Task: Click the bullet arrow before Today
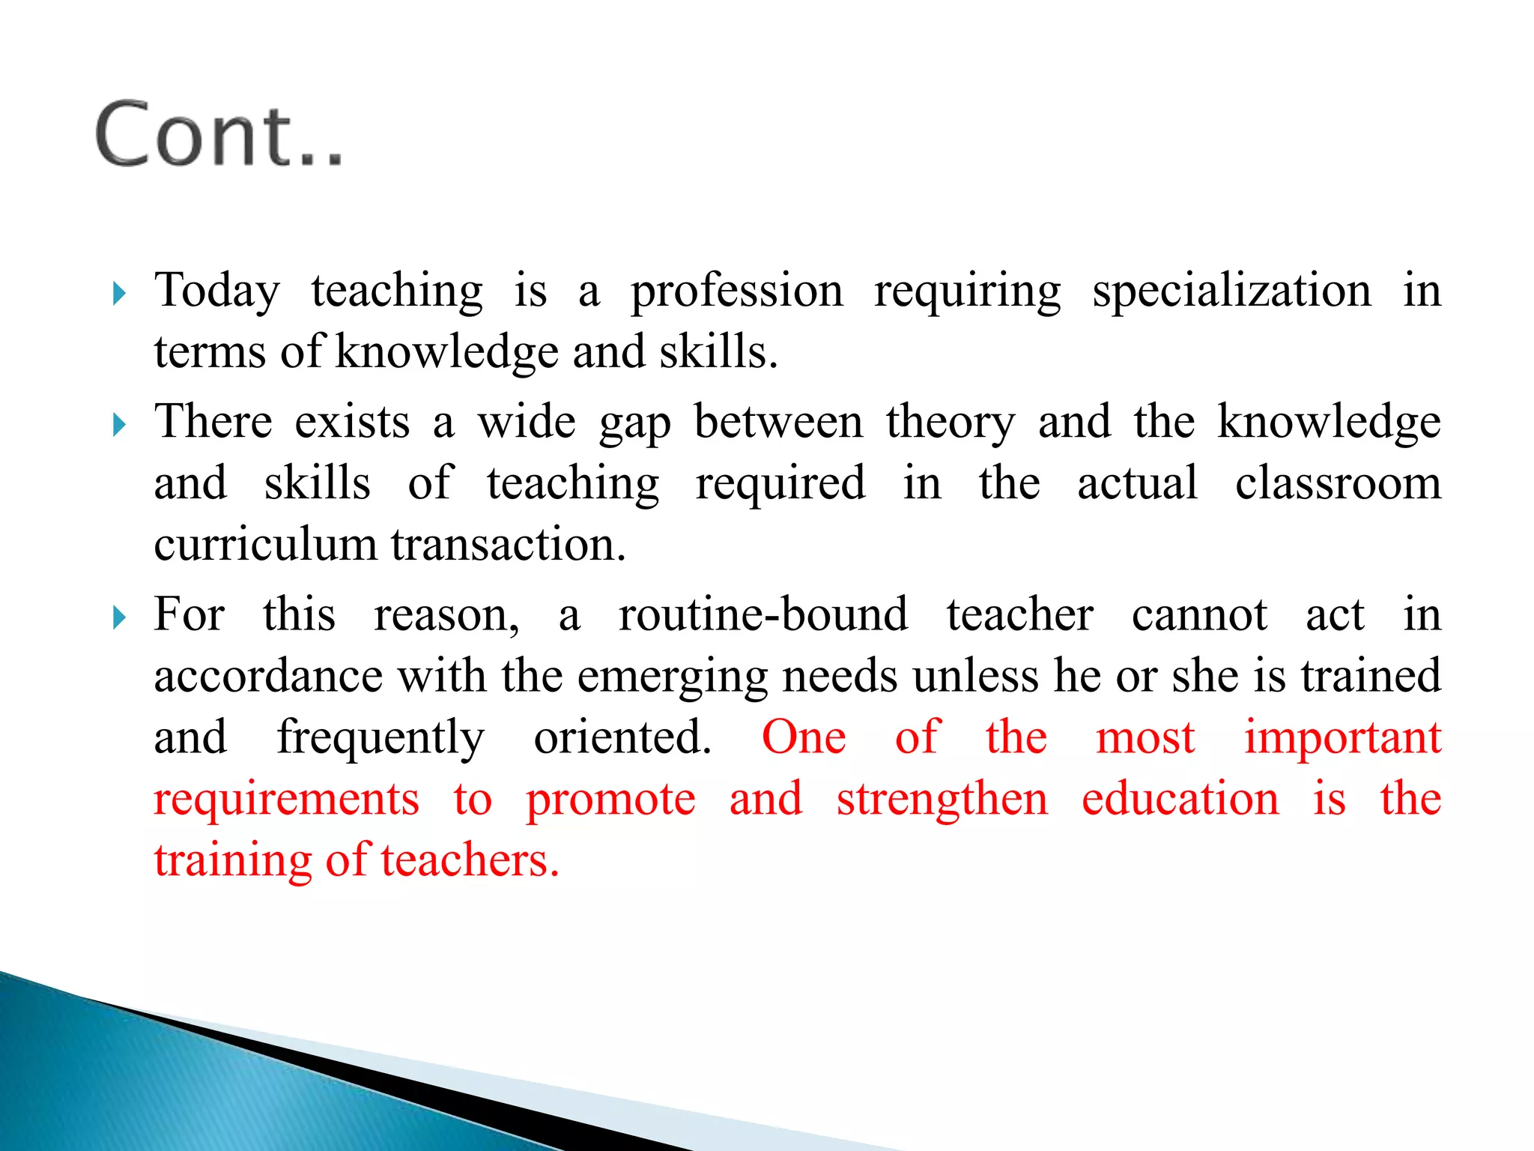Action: [118, 293]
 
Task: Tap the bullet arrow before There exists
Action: [118, 425]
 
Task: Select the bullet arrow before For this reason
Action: [118, 617]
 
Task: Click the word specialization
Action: [1231, 291]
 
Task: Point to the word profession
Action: [736, 291]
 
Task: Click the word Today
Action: [217, 291]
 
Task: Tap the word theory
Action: [951, 422]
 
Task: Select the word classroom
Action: [1338, 483]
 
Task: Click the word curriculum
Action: [265, 544]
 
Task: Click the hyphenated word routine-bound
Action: [763, 614]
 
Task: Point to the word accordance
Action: [268, 676]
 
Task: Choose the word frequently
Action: [381, 737]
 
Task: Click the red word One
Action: [804, 737]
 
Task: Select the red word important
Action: [1342, 737]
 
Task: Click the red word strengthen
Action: [942, 799]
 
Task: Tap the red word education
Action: [1180, 799]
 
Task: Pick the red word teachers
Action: [470, 860]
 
